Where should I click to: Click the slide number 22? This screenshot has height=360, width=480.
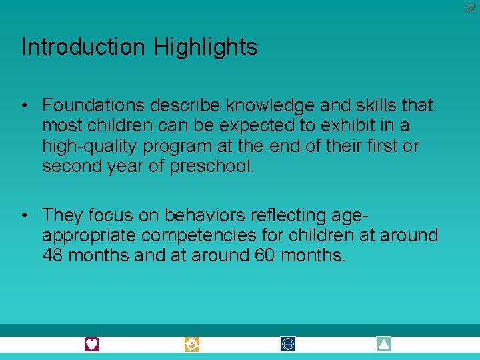(x=470, y=8)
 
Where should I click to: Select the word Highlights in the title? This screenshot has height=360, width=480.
(x=205, y=47)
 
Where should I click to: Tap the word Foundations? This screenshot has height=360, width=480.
(x=94, y=105)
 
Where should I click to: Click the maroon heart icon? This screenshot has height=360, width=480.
(x=92, y=344)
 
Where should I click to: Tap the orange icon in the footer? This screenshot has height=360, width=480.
(x=192, y=344)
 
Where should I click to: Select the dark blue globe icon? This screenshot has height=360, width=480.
(x=288, y=344)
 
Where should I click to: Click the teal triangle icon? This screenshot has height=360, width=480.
(x=384, y=344)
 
